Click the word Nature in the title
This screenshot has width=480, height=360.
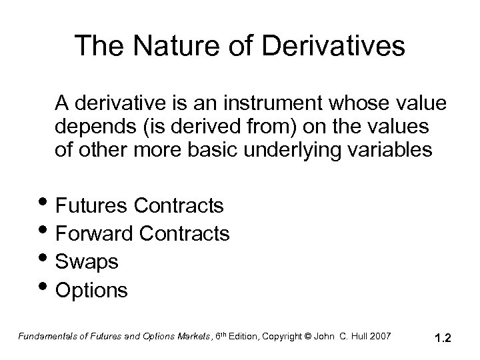[167, 46]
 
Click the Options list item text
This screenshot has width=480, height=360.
[92, 291]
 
